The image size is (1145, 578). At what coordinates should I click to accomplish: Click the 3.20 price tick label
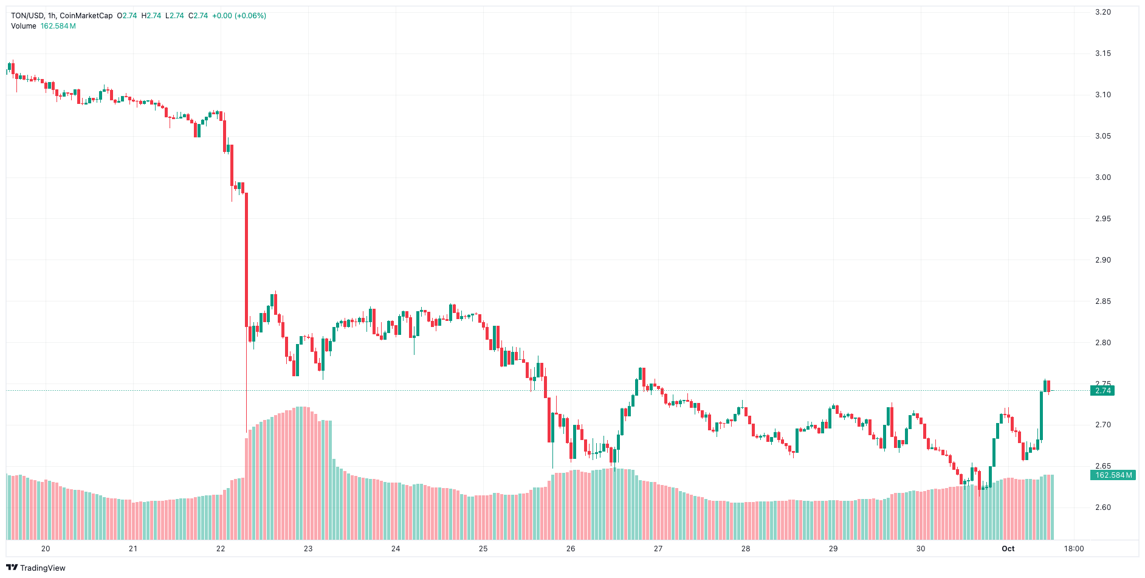tap(1102, 12)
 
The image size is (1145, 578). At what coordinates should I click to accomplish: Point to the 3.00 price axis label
tap(1102, 177)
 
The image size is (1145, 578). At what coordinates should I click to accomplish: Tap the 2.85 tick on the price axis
tap(1102, 301)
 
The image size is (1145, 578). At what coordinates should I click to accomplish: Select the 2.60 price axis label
tap(1102, 507)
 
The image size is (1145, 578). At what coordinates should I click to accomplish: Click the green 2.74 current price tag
tap(1102, 391)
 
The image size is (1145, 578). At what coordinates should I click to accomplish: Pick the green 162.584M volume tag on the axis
tap(1113, 475)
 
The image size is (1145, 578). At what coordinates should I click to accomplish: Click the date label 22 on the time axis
tap(221, 549)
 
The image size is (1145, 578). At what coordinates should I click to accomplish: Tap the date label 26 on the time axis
tap(571, 549)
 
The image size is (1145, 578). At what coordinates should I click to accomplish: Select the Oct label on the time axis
tap(1008, 549)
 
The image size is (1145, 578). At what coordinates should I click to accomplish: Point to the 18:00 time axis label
tap(1073, 549)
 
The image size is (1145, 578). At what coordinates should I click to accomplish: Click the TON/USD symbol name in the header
tap(27, 16)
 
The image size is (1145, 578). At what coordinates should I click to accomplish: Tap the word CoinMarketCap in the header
tap(86, 16)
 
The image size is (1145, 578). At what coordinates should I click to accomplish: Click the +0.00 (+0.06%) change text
tap(238, 16)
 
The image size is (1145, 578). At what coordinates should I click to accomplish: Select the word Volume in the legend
tap(24, 26)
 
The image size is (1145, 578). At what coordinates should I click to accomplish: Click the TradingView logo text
tap(43, 568)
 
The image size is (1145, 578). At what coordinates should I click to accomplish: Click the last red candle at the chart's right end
tap(1048, 386)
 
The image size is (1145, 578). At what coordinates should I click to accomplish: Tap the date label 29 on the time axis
tap(833, 549)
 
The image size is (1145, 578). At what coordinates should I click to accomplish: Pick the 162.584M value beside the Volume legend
tap(58, 26)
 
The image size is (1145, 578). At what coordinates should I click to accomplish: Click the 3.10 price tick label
tap(1102, 95)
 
